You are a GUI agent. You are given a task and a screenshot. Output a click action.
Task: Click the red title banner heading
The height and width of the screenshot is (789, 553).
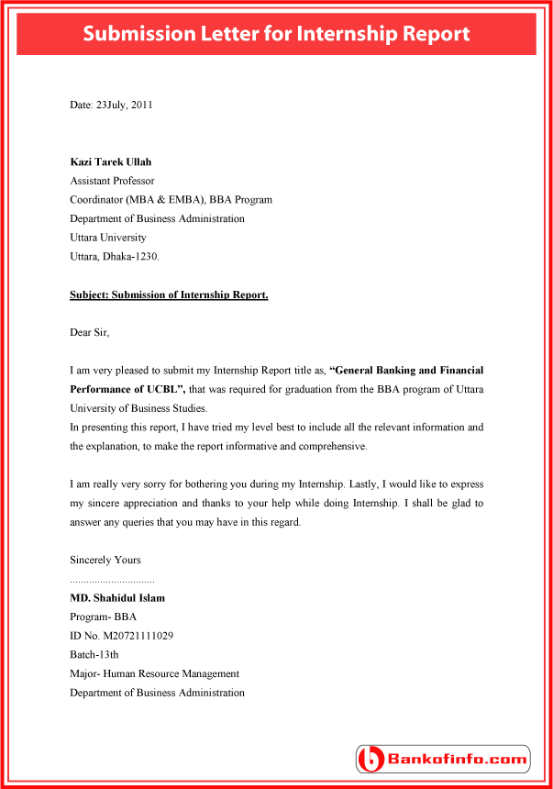[276, 34]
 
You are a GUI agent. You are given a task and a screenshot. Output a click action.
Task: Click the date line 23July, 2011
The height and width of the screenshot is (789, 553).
[111, 105]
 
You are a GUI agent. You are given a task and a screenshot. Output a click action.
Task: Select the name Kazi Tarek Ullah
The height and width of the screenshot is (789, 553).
[111, 162]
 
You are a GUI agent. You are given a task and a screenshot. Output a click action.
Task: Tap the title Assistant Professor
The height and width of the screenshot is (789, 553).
[112, 181]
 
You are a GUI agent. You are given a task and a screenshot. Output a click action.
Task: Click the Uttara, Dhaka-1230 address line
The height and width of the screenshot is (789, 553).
[115, 256]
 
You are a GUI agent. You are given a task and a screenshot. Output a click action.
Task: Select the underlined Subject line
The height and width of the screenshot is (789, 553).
[169, 294]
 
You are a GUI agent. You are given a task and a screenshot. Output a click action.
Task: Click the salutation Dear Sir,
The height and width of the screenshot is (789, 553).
[95, 332]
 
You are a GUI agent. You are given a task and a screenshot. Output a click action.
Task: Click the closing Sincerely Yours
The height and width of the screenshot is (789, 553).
[105, 560]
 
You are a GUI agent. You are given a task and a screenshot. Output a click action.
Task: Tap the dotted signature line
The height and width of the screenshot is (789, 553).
[112, 581]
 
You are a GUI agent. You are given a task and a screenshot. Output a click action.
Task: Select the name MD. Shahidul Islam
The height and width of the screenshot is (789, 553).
[117, 598]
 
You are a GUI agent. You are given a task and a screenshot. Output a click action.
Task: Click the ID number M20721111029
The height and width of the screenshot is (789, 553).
[122, 636]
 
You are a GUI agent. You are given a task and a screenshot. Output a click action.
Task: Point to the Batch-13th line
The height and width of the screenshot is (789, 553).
[94, 655]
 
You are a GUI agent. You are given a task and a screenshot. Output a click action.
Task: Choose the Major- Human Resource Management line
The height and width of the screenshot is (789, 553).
[154, 673]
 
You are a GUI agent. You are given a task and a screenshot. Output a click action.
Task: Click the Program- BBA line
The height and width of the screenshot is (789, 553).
[103, 617]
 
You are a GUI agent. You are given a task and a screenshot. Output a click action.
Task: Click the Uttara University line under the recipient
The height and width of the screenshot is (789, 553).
[107, 238]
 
